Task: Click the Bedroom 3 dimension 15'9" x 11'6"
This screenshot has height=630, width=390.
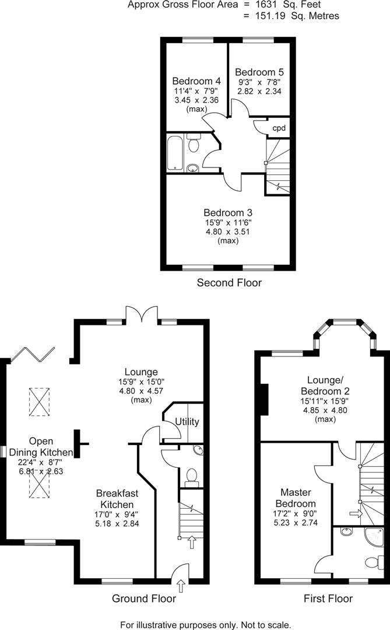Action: (x=227, y=222)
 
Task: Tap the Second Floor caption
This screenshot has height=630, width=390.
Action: (x=229, y=283)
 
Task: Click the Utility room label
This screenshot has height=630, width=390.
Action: (x=187, y=422)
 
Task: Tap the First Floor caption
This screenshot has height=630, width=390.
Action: (x=328, y=598)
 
